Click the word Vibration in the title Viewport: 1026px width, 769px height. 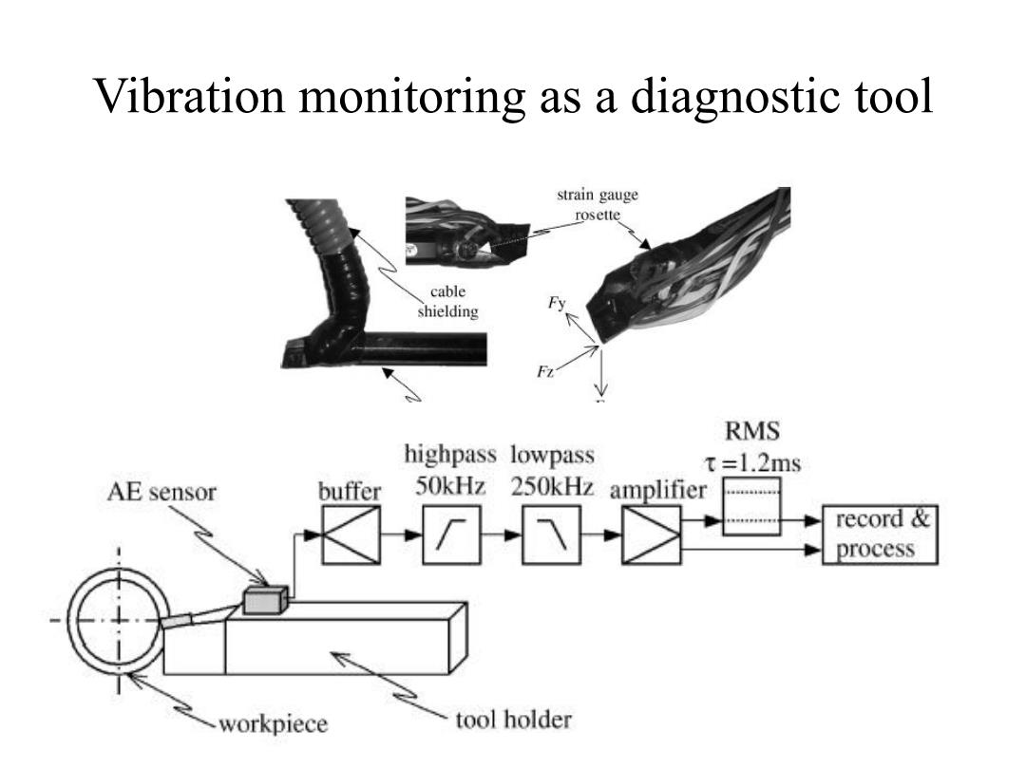coord(190,96)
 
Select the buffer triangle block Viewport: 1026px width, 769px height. coord(351,535)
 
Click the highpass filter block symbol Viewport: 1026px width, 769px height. coord(451,535)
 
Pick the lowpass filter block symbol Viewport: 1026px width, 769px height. coord(552,535)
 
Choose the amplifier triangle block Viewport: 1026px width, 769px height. coord(652,535)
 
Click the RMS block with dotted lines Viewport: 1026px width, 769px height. coord(751,507)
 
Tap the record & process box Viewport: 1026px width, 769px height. coord(880,535)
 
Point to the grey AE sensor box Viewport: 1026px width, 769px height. coord(265,600)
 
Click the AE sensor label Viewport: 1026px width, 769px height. coord(161,492)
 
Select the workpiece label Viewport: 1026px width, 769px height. coord(273,723)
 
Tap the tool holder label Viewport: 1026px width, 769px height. coord(514,720)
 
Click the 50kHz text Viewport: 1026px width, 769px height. coord(450,486)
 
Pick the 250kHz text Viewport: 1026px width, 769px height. coord(552,487)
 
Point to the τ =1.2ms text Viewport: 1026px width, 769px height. coord(752,463)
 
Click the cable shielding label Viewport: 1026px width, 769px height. coord(448,302)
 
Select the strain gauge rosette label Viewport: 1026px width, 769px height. coord(598,205)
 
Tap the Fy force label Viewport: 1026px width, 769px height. coord(557,303)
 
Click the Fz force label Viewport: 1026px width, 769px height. coord(545,372)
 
